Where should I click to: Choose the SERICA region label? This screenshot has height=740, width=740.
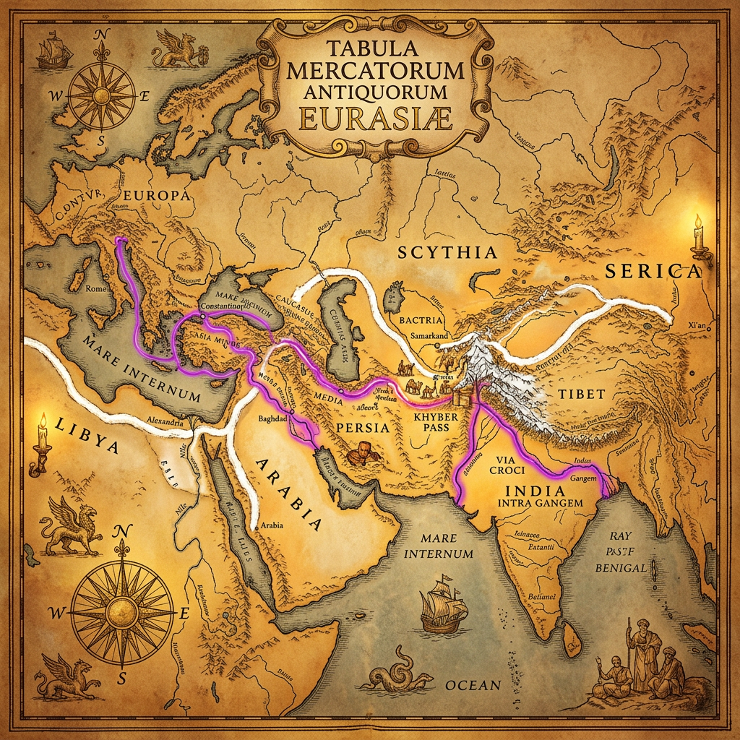point(653,271)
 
